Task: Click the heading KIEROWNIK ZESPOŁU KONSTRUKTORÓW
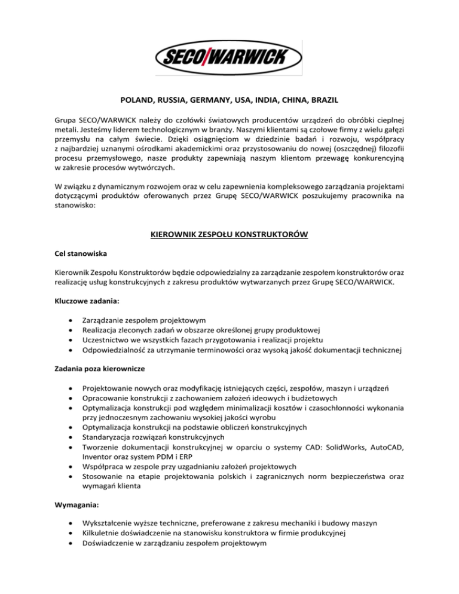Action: pos(229,235)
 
